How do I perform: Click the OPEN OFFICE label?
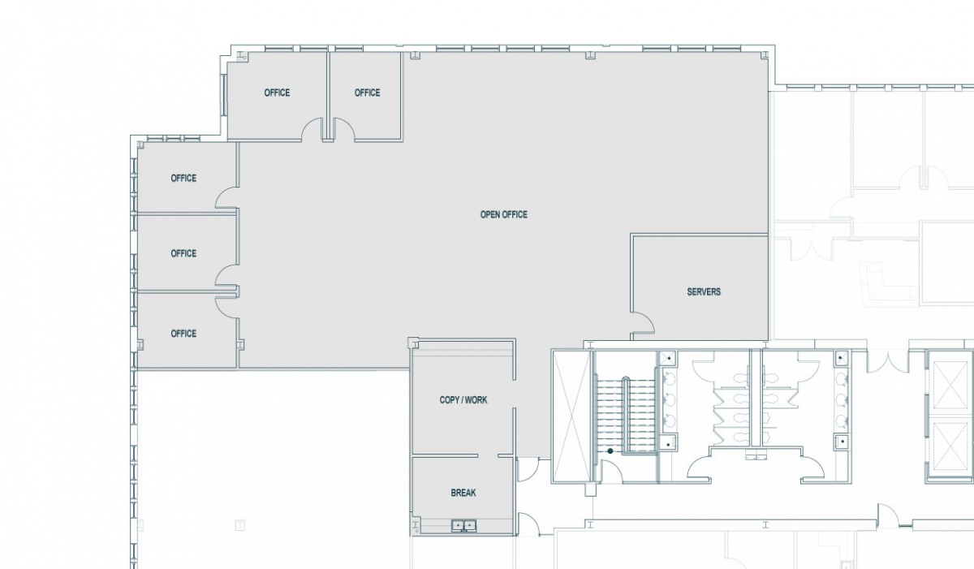[503, 215]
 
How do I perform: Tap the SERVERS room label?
[703, 291]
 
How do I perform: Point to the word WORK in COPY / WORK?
[476, 400]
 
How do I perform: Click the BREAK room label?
[463, 493]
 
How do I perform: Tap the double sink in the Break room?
[464, 526]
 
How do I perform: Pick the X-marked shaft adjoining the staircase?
[571, 414]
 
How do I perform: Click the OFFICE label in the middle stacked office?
[183, 253]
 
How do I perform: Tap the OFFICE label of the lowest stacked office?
[183, 334]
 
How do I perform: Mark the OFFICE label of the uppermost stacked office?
[183, 179]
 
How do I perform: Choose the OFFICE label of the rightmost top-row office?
[367, 93]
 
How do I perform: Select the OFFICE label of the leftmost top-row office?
[277, 93]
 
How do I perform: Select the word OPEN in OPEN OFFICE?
[491, 215]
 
